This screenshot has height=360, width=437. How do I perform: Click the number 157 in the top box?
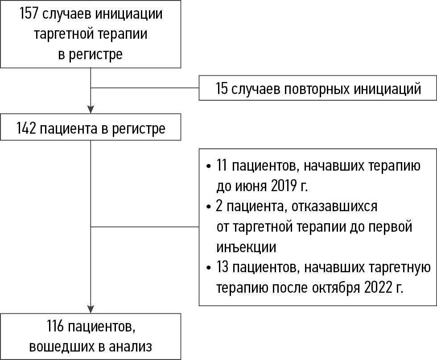click(x=29, y=14)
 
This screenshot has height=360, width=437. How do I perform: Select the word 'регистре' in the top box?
click(x=95, y=54)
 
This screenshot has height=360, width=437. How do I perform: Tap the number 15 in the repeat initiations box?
click(x=222, y=89)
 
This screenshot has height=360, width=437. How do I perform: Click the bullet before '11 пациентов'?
click(x=209, y=167)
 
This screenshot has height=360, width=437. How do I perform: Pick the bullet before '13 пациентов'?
click(x=209, y=268)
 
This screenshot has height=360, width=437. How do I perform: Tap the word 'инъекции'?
click(x=246, y=247)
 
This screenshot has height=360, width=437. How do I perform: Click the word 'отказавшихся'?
click(x=334, y=207)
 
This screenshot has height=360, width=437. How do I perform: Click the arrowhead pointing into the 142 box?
click(x=91, y=110)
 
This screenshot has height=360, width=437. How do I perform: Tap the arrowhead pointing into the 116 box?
click(x=91, y=309)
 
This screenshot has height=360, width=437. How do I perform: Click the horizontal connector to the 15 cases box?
click(x=145, y=88)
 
